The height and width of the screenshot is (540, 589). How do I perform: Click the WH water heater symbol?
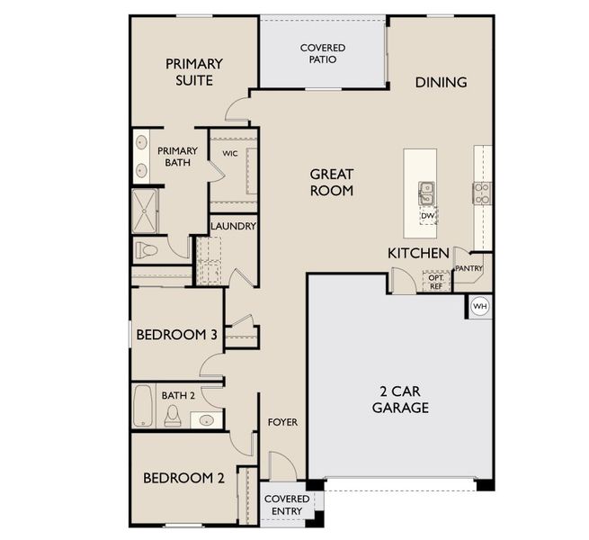(x=479, y=306)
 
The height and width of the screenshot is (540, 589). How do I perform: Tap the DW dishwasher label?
(x=427, y=216)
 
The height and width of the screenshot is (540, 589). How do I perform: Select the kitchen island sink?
(x=426, y=192)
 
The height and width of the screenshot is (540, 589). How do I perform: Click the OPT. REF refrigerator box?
(x=435, y=282)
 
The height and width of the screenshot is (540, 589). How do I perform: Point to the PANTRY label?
(x=469, y=268)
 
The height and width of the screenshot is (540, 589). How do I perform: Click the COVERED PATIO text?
(x=323, y=53)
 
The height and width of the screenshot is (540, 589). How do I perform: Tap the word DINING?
(x=441, y=82)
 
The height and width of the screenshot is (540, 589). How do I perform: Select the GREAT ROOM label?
(x=332, y=182)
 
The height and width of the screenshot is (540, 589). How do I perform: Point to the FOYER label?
(x=282, y=422)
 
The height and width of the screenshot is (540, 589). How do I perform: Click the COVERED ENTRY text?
(x=286, y=504)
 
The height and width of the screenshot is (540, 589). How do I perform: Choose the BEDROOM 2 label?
(x=183, y=478)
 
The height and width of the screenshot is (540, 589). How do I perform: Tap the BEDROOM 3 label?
(x=177, y=335)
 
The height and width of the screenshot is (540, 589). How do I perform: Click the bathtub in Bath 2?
(x=143, y=407)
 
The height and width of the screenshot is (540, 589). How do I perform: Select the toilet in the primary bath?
(x=146, y=248)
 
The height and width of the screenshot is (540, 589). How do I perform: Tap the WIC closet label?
(x=229, y=154)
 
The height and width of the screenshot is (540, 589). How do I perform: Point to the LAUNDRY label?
(x=233, y=226)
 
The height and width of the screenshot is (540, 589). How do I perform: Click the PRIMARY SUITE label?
(x=193, y=72)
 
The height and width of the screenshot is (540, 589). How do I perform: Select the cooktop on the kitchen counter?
(x=482, y=192)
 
